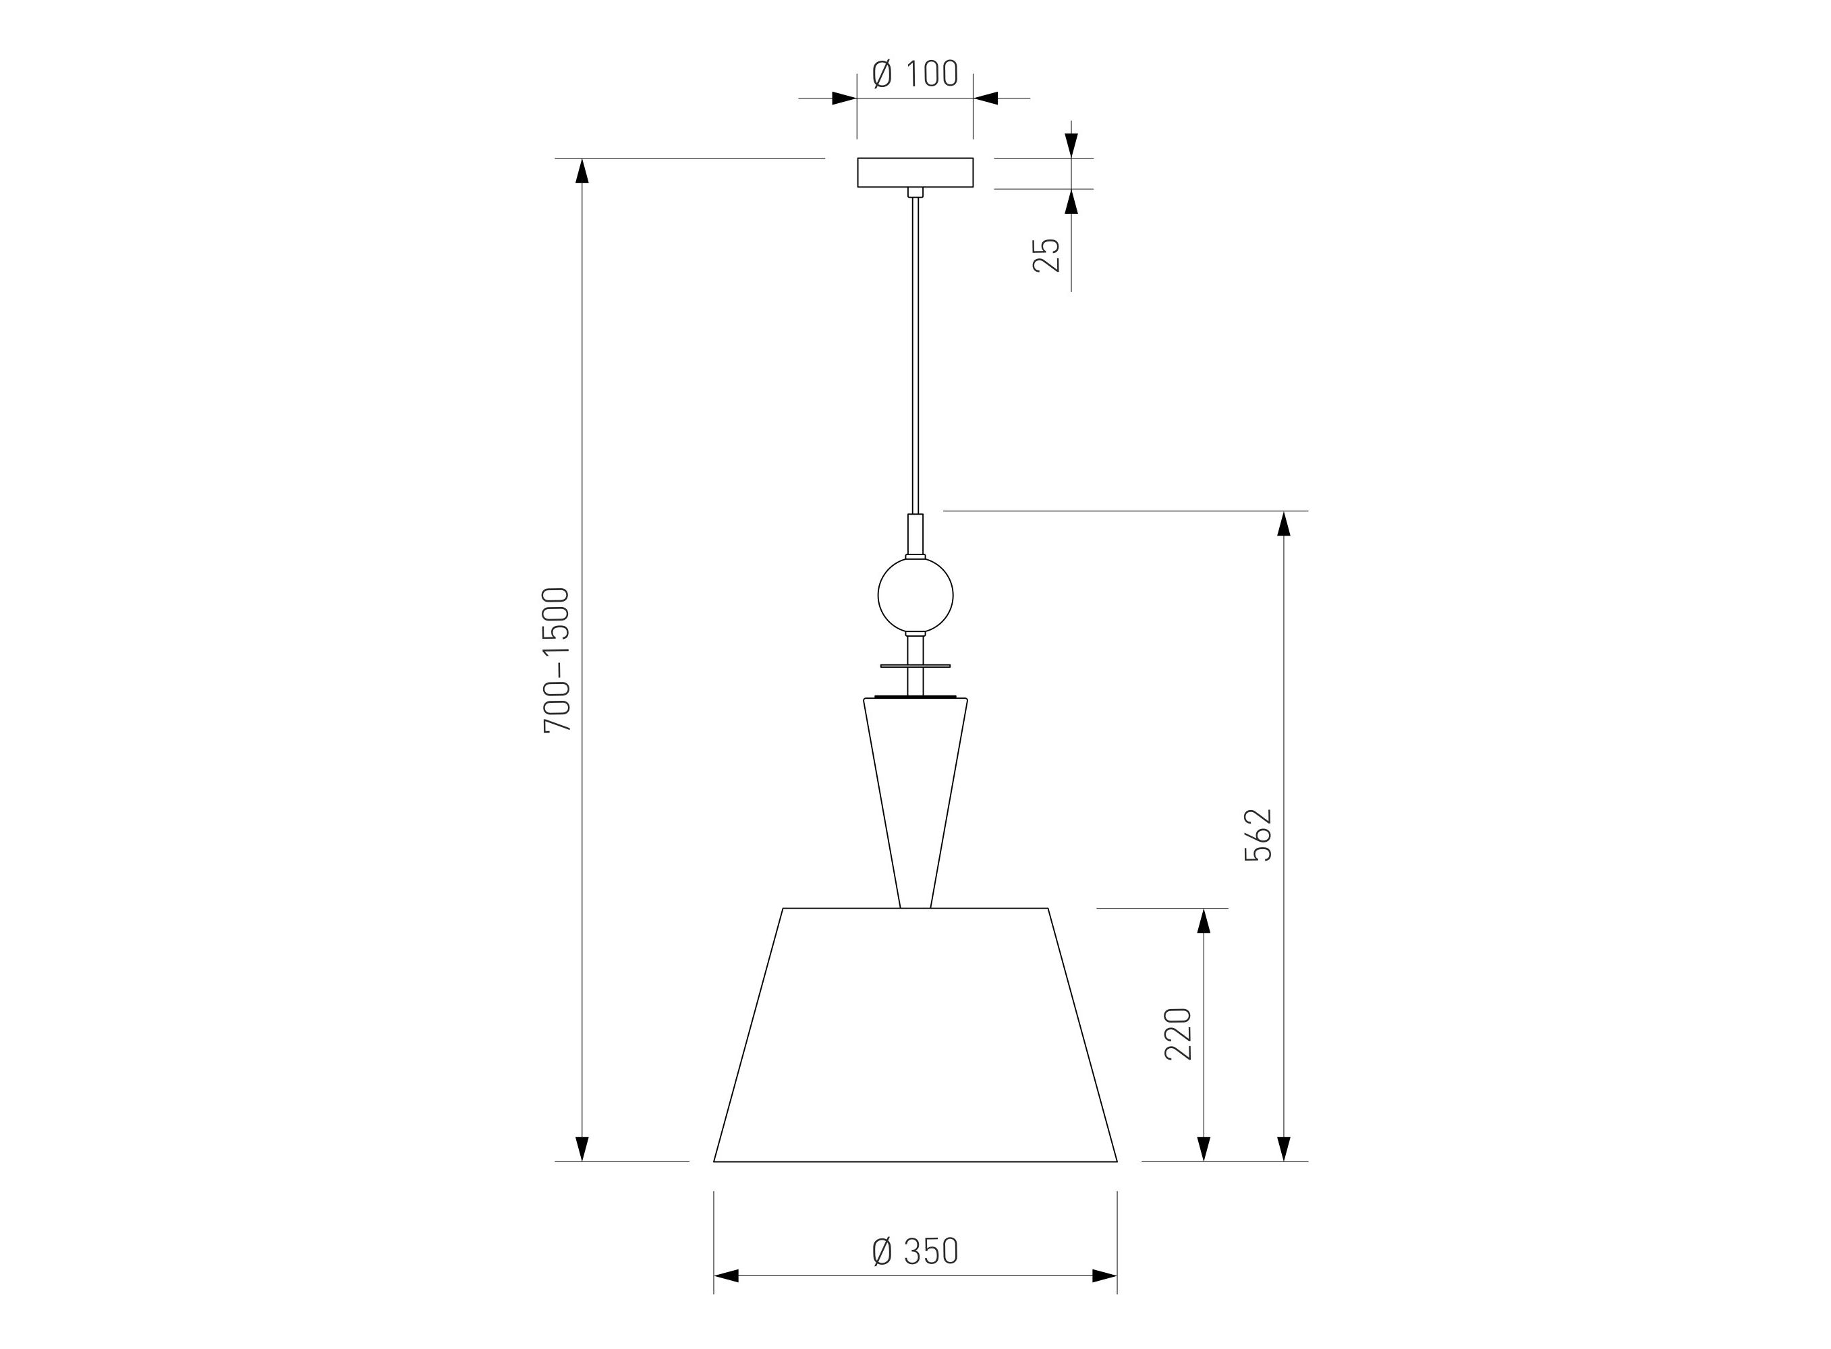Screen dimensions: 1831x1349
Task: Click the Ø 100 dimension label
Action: point(915,74)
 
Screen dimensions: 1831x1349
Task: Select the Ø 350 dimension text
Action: point(915,1251)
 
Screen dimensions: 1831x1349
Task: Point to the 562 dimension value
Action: point(1258,834)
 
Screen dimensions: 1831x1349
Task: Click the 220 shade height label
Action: point(1178,1034)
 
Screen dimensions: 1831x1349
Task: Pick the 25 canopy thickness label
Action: point(1046,255)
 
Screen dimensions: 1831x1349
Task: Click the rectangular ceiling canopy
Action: point(915,172)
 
